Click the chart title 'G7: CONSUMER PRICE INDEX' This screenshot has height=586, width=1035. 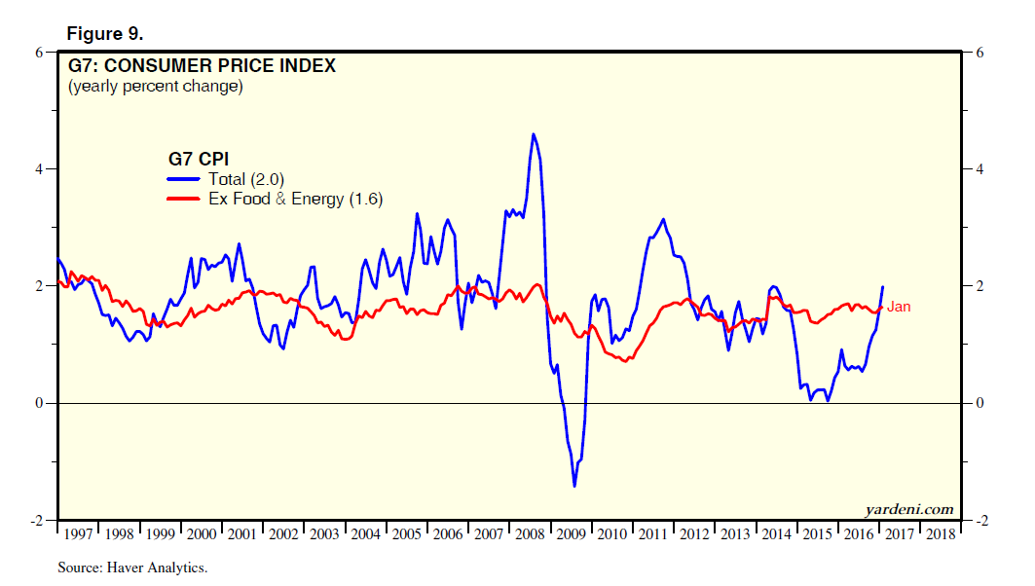click(x=202, y=66)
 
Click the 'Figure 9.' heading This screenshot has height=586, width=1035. click(x=104, y=34)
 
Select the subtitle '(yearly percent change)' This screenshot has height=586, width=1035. click(x=155, y=87)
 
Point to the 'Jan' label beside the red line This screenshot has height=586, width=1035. click(x=899, y=307)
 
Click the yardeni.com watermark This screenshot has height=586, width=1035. click(x=908, y=509)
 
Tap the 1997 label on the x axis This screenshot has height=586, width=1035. click(x=78, y=534)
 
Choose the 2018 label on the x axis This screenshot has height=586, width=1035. click(x=940, y=534)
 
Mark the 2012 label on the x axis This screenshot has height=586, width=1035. click(x=694, y=534)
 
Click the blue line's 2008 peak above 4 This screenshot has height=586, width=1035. click(x=533, y=134)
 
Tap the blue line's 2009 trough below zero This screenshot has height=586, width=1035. click(x=574, y=486)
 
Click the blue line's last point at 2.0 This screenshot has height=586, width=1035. click(x=883, y=286)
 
